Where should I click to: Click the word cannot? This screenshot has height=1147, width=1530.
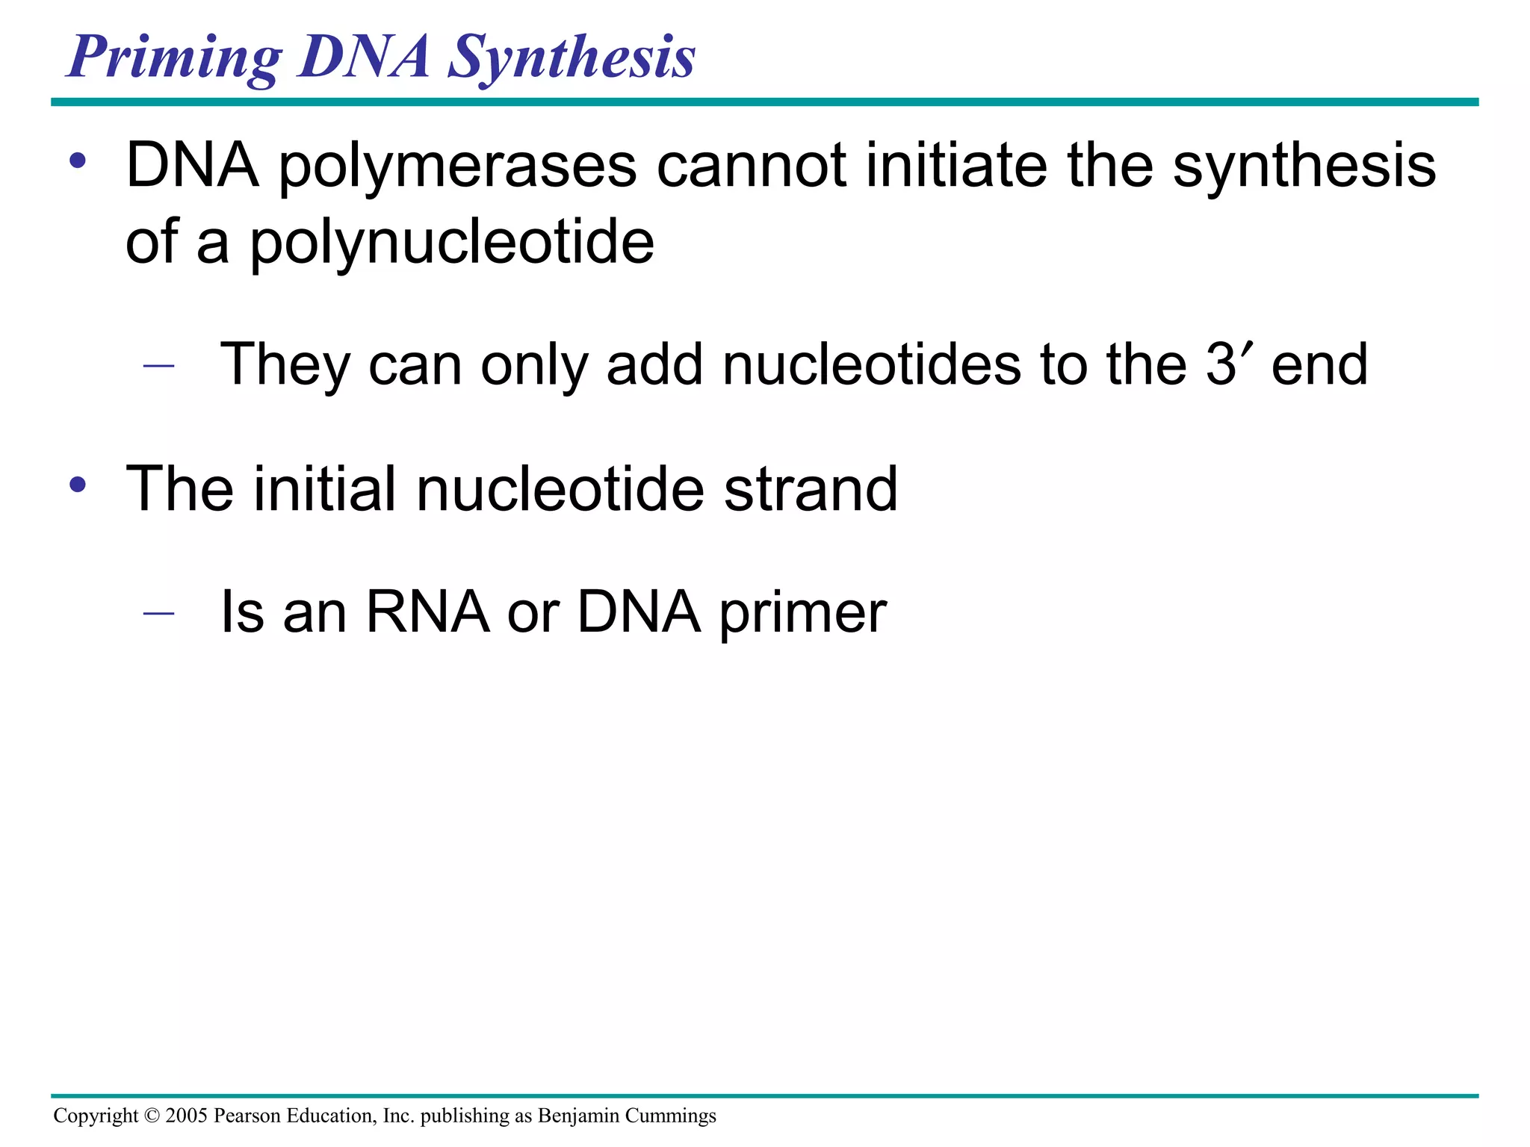click(x=750, y=166)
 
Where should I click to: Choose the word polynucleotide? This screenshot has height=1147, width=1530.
click(x=451, y=243)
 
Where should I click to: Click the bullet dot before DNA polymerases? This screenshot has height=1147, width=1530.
click(x=78, y=161)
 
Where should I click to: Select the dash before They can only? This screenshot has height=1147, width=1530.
click(x=158, y=366)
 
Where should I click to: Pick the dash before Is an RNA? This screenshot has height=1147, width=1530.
click(x=158, y=614)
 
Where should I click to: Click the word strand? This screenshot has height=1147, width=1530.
click(x=811, y=489)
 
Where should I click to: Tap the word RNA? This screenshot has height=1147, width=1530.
click(x=427, y=612)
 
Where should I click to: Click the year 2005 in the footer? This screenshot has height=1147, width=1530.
click(x=186, y=1116)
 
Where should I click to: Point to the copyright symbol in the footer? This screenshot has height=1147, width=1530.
click(x=152, y=1116)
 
